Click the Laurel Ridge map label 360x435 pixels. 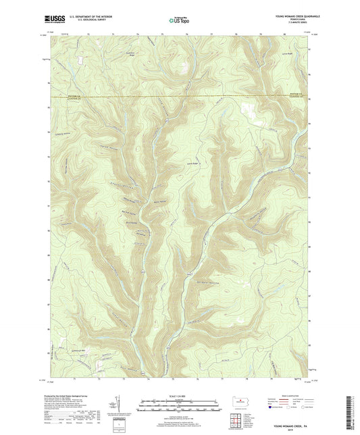tap(190, 162)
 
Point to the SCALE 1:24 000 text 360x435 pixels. tap(180, 395)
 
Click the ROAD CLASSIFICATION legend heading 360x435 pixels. tap(289, 396)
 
